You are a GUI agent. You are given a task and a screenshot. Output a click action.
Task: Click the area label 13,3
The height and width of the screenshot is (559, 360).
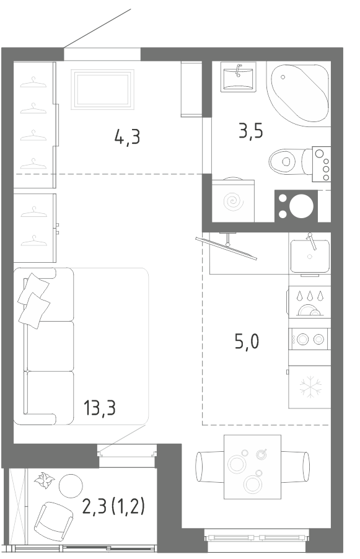(x=99, y=408)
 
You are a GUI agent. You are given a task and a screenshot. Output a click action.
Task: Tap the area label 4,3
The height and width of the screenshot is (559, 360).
(x=127, y=136)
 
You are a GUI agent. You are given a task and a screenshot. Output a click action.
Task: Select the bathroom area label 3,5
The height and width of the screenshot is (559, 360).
(x=251, y=131)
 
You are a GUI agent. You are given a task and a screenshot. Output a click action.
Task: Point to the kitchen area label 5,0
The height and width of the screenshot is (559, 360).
(x=247, y=341)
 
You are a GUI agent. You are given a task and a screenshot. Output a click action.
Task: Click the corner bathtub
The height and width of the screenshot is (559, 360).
(x=299, y=94)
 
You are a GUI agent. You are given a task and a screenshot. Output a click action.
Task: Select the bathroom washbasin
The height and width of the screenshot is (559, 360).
(x=238, y=77)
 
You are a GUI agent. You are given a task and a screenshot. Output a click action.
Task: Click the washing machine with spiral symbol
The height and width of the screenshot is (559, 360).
(x=233, y=200)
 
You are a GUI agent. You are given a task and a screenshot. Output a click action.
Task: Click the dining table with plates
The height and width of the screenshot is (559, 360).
(x=252, y=467)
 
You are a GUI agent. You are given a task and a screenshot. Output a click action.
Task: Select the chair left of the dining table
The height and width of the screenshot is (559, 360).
(x=210, y=467)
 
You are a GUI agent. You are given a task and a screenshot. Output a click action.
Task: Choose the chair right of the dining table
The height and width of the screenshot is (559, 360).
(x=295, y=467)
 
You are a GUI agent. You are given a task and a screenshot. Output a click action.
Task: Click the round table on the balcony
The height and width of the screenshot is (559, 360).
(x=71, y=486)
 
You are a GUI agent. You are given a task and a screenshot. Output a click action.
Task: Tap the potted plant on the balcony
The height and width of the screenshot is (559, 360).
(x=44, y=480)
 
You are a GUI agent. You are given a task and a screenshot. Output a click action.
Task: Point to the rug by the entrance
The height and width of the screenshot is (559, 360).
(x=102, y=89)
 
